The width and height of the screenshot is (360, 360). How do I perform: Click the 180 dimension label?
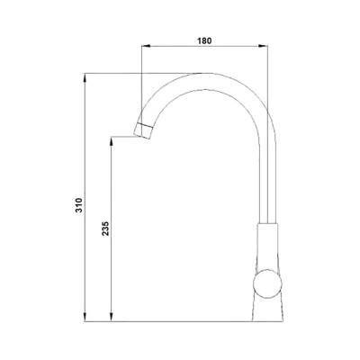click(x=204, y=40)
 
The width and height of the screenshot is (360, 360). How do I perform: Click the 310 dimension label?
click(x=78, y=205)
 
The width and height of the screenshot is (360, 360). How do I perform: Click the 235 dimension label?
click(x=105, y=229)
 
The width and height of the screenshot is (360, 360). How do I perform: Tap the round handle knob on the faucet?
click(x=267, y=283)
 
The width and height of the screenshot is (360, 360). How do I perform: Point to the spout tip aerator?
click(x=143, y=130)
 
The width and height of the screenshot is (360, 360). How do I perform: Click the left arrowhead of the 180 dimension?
click(x=146, y=46)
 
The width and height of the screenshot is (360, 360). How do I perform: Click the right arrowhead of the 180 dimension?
click(x=263, y=46)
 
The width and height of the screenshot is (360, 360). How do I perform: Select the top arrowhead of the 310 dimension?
click(x=85, y=77)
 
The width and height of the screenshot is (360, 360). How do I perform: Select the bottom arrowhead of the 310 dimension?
click(x=85, y=318)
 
